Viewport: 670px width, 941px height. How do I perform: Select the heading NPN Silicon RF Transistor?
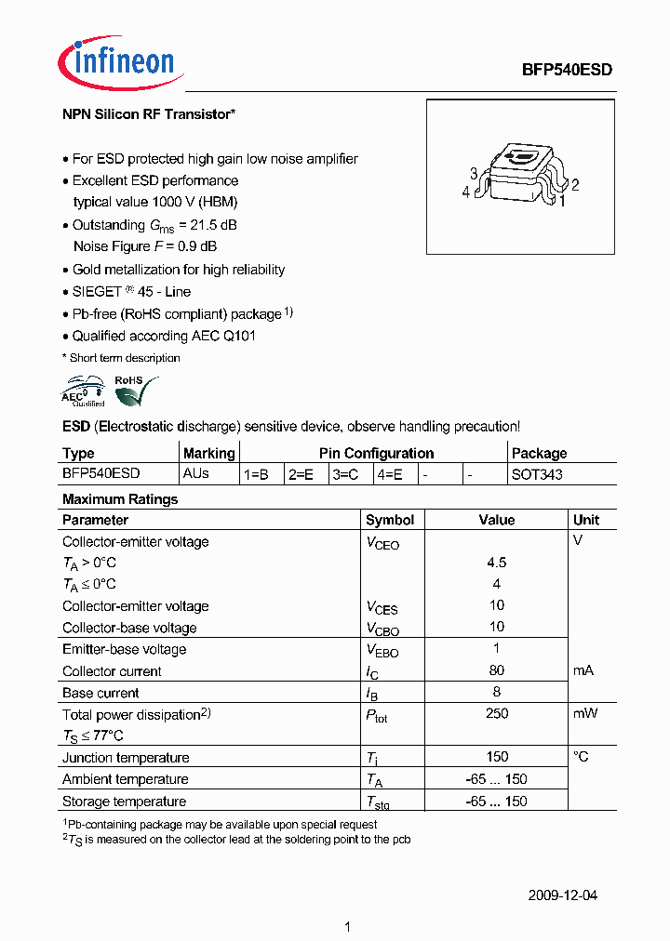[148, 114]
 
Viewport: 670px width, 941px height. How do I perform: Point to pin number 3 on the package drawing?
[474, 174]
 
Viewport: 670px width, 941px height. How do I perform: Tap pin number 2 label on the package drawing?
[576, 185]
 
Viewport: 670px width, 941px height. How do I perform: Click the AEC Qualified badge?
[84, 391]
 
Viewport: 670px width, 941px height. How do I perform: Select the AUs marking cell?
[196, 473]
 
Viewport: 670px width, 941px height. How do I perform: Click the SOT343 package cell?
[537, 474]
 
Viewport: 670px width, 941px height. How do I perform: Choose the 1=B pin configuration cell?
[256, 474]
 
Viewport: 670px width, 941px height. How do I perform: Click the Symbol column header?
[390, 520]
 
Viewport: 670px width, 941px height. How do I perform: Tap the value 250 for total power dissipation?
[497, 714]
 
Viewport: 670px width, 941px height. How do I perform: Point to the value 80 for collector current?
[497, 670]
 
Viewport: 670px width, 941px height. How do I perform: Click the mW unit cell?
[585, 714]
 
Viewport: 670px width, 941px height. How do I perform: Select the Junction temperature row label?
[126, 758]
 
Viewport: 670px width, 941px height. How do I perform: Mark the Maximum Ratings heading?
[120, 499]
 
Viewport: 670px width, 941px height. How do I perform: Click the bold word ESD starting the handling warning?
[75, 427]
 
